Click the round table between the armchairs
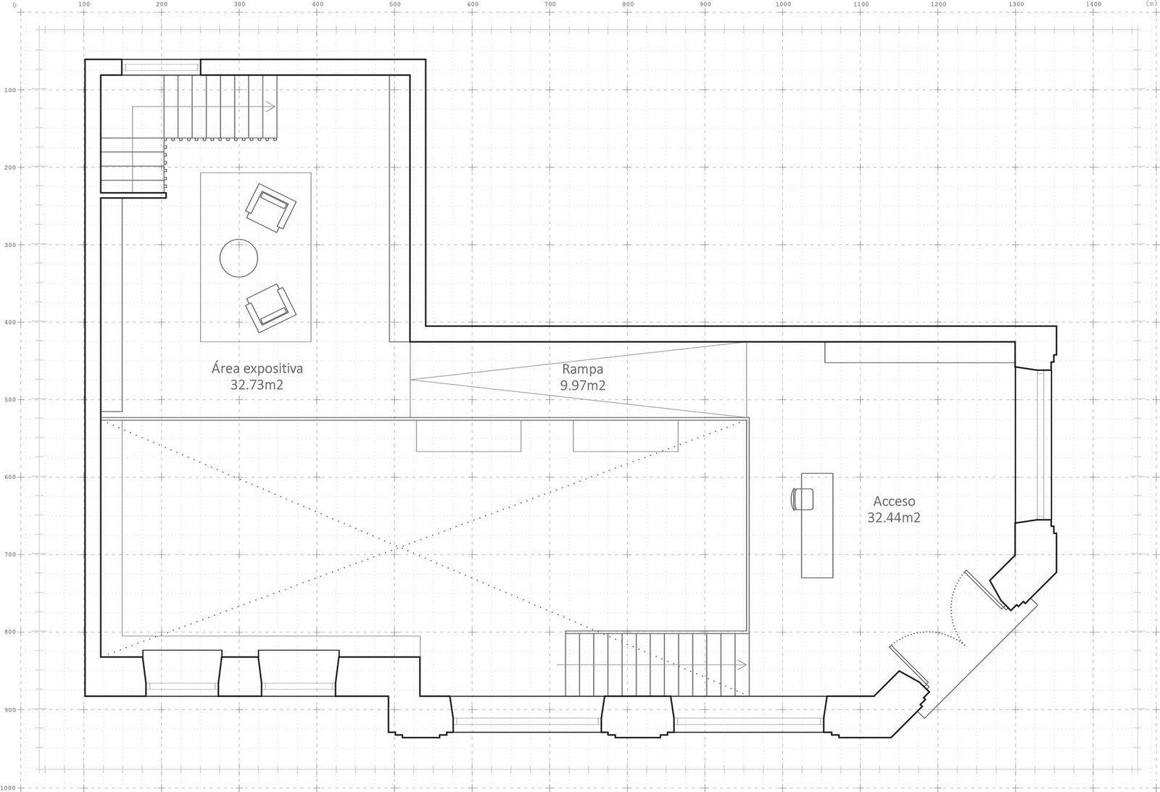click(239, 258)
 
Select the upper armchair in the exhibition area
click(271, 207)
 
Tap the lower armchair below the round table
click(271, 308)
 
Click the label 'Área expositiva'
click(257, 369)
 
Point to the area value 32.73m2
click(257, 385)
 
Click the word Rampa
click(583, 370)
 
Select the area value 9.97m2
click(583, 385)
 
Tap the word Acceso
click(894, 501)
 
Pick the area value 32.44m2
click(894, 517)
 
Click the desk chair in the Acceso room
click(802, 499)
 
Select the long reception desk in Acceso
click(817, 525)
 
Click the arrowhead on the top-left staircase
click(270, 107)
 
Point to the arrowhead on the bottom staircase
click(742, 664)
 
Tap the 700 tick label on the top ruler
click(550, 4)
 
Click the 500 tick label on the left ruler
click(10, 400)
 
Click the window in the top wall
click(161, 67)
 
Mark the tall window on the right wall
click(1041, 445)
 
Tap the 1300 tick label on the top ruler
click(1016, 4)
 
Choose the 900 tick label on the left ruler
click(10, 709)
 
